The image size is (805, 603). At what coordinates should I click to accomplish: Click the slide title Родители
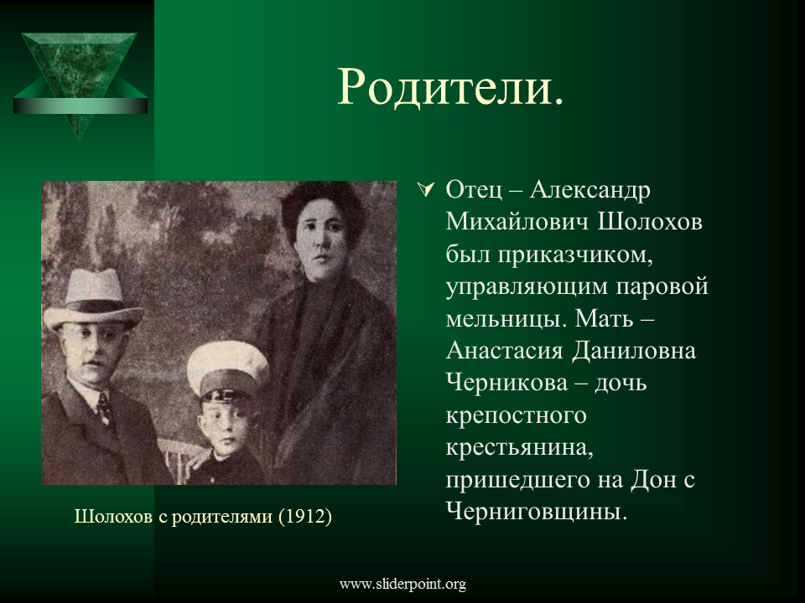(x=450, y=87)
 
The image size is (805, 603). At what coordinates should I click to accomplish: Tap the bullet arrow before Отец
(x=426, y=189)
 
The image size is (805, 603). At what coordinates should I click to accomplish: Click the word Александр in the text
(x=589, y=189)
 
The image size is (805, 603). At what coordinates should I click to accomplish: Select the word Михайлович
(x=517, y=221)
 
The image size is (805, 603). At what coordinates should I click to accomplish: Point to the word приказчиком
(x=575, y=255)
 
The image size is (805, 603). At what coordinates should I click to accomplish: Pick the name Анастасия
(x=504, y=351)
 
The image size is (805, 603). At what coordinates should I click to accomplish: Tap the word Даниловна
(x=634, y=351)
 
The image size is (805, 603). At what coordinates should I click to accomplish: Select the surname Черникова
(x=506, y=383)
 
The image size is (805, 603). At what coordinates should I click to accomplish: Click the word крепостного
(x=516, y=416)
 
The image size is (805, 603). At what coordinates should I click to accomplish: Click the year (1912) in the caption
(x=305, y=516)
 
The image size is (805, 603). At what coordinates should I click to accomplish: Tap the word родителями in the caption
(x=221, y=517)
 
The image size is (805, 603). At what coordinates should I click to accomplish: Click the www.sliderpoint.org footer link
(x=402, y=584)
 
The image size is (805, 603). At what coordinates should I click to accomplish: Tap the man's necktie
(x=106, y=408)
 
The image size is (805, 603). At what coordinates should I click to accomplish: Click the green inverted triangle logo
(x=80, y=82)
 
